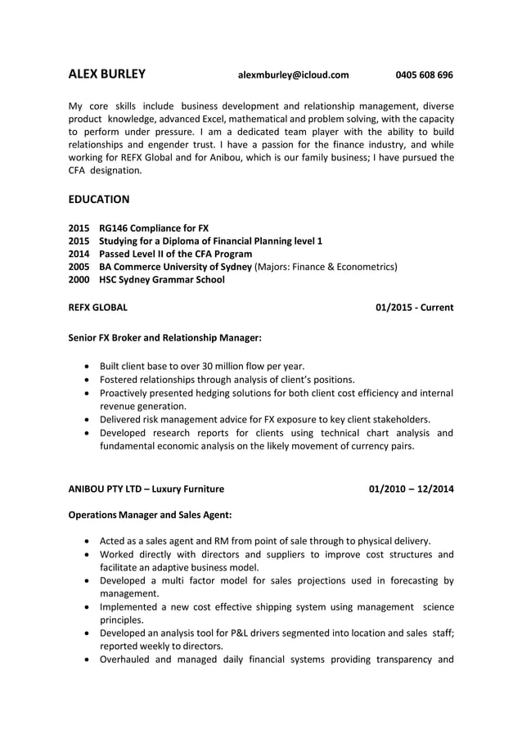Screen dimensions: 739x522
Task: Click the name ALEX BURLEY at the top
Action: [x=106, y=74]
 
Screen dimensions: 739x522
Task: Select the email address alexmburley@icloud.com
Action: [x=293, y=75]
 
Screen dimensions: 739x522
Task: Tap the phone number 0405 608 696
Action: [x=424, y=75]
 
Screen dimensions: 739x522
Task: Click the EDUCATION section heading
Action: [x=98, y=199]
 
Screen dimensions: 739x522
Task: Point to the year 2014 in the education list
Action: [x=79, y=254]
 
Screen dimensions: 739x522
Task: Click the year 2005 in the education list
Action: [x=79, y=267]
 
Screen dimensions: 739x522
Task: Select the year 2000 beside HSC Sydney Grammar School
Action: [x=79, y=280]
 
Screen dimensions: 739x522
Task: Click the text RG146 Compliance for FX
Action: [x=154, y=228]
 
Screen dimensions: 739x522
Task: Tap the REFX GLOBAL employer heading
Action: [x=97, y=308]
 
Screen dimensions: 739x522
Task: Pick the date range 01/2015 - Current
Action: [x=414, y=308]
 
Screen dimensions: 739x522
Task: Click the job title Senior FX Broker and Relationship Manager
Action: [x=164, y=337]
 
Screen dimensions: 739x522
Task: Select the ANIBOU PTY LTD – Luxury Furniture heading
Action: [x=146, y=489]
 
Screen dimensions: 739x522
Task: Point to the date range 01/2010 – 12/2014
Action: [x=412, y=489]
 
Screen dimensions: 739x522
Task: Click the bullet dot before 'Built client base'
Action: [x=88, y=367]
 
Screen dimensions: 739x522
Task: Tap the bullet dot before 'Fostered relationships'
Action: [x=88, y=380]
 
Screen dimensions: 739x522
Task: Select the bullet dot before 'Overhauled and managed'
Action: [x=88, y=660]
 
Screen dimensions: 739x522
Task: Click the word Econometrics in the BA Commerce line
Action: [x=364, y=267]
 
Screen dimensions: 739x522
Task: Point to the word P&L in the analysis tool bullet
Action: [x=249, y=633]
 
